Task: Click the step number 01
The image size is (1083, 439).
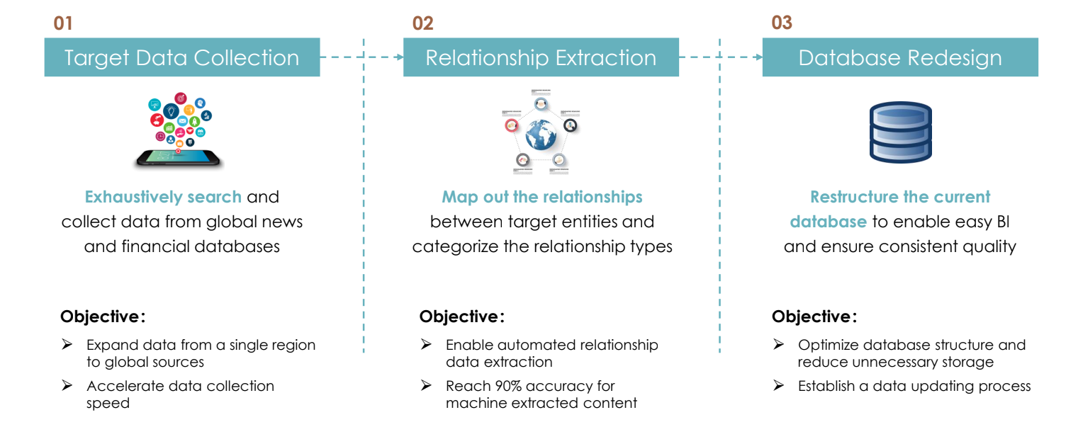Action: [63, 23]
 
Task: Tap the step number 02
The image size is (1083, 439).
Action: [422, 23]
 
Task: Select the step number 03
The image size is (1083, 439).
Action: [781, 23]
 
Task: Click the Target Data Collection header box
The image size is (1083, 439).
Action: [182, 57]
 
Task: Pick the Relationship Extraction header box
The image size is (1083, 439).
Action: [541, 57]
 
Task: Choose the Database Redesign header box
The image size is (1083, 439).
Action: [900, 57]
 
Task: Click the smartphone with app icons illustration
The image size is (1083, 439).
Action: [179, 131]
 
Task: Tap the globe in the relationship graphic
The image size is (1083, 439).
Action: [541, 135]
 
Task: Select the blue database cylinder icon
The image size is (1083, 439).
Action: [900, 132]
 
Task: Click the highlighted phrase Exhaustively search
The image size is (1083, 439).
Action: [163, 197]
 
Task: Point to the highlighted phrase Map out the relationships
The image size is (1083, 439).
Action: [542, 197]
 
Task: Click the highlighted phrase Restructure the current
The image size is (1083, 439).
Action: [900, 197]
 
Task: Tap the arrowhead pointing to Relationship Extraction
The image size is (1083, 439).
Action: [398, 57]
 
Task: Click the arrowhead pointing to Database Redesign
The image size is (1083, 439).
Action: [757, 57]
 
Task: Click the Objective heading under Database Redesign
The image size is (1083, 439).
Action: [814, 317]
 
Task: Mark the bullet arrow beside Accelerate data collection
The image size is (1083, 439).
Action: [67, 386]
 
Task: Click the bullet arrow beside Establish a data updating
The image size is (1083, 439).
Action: [778, 386]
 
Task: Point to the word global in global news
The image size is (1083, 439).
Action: [230, 222]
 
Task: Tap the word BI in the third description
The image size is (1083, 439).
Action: [1002, 222]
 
